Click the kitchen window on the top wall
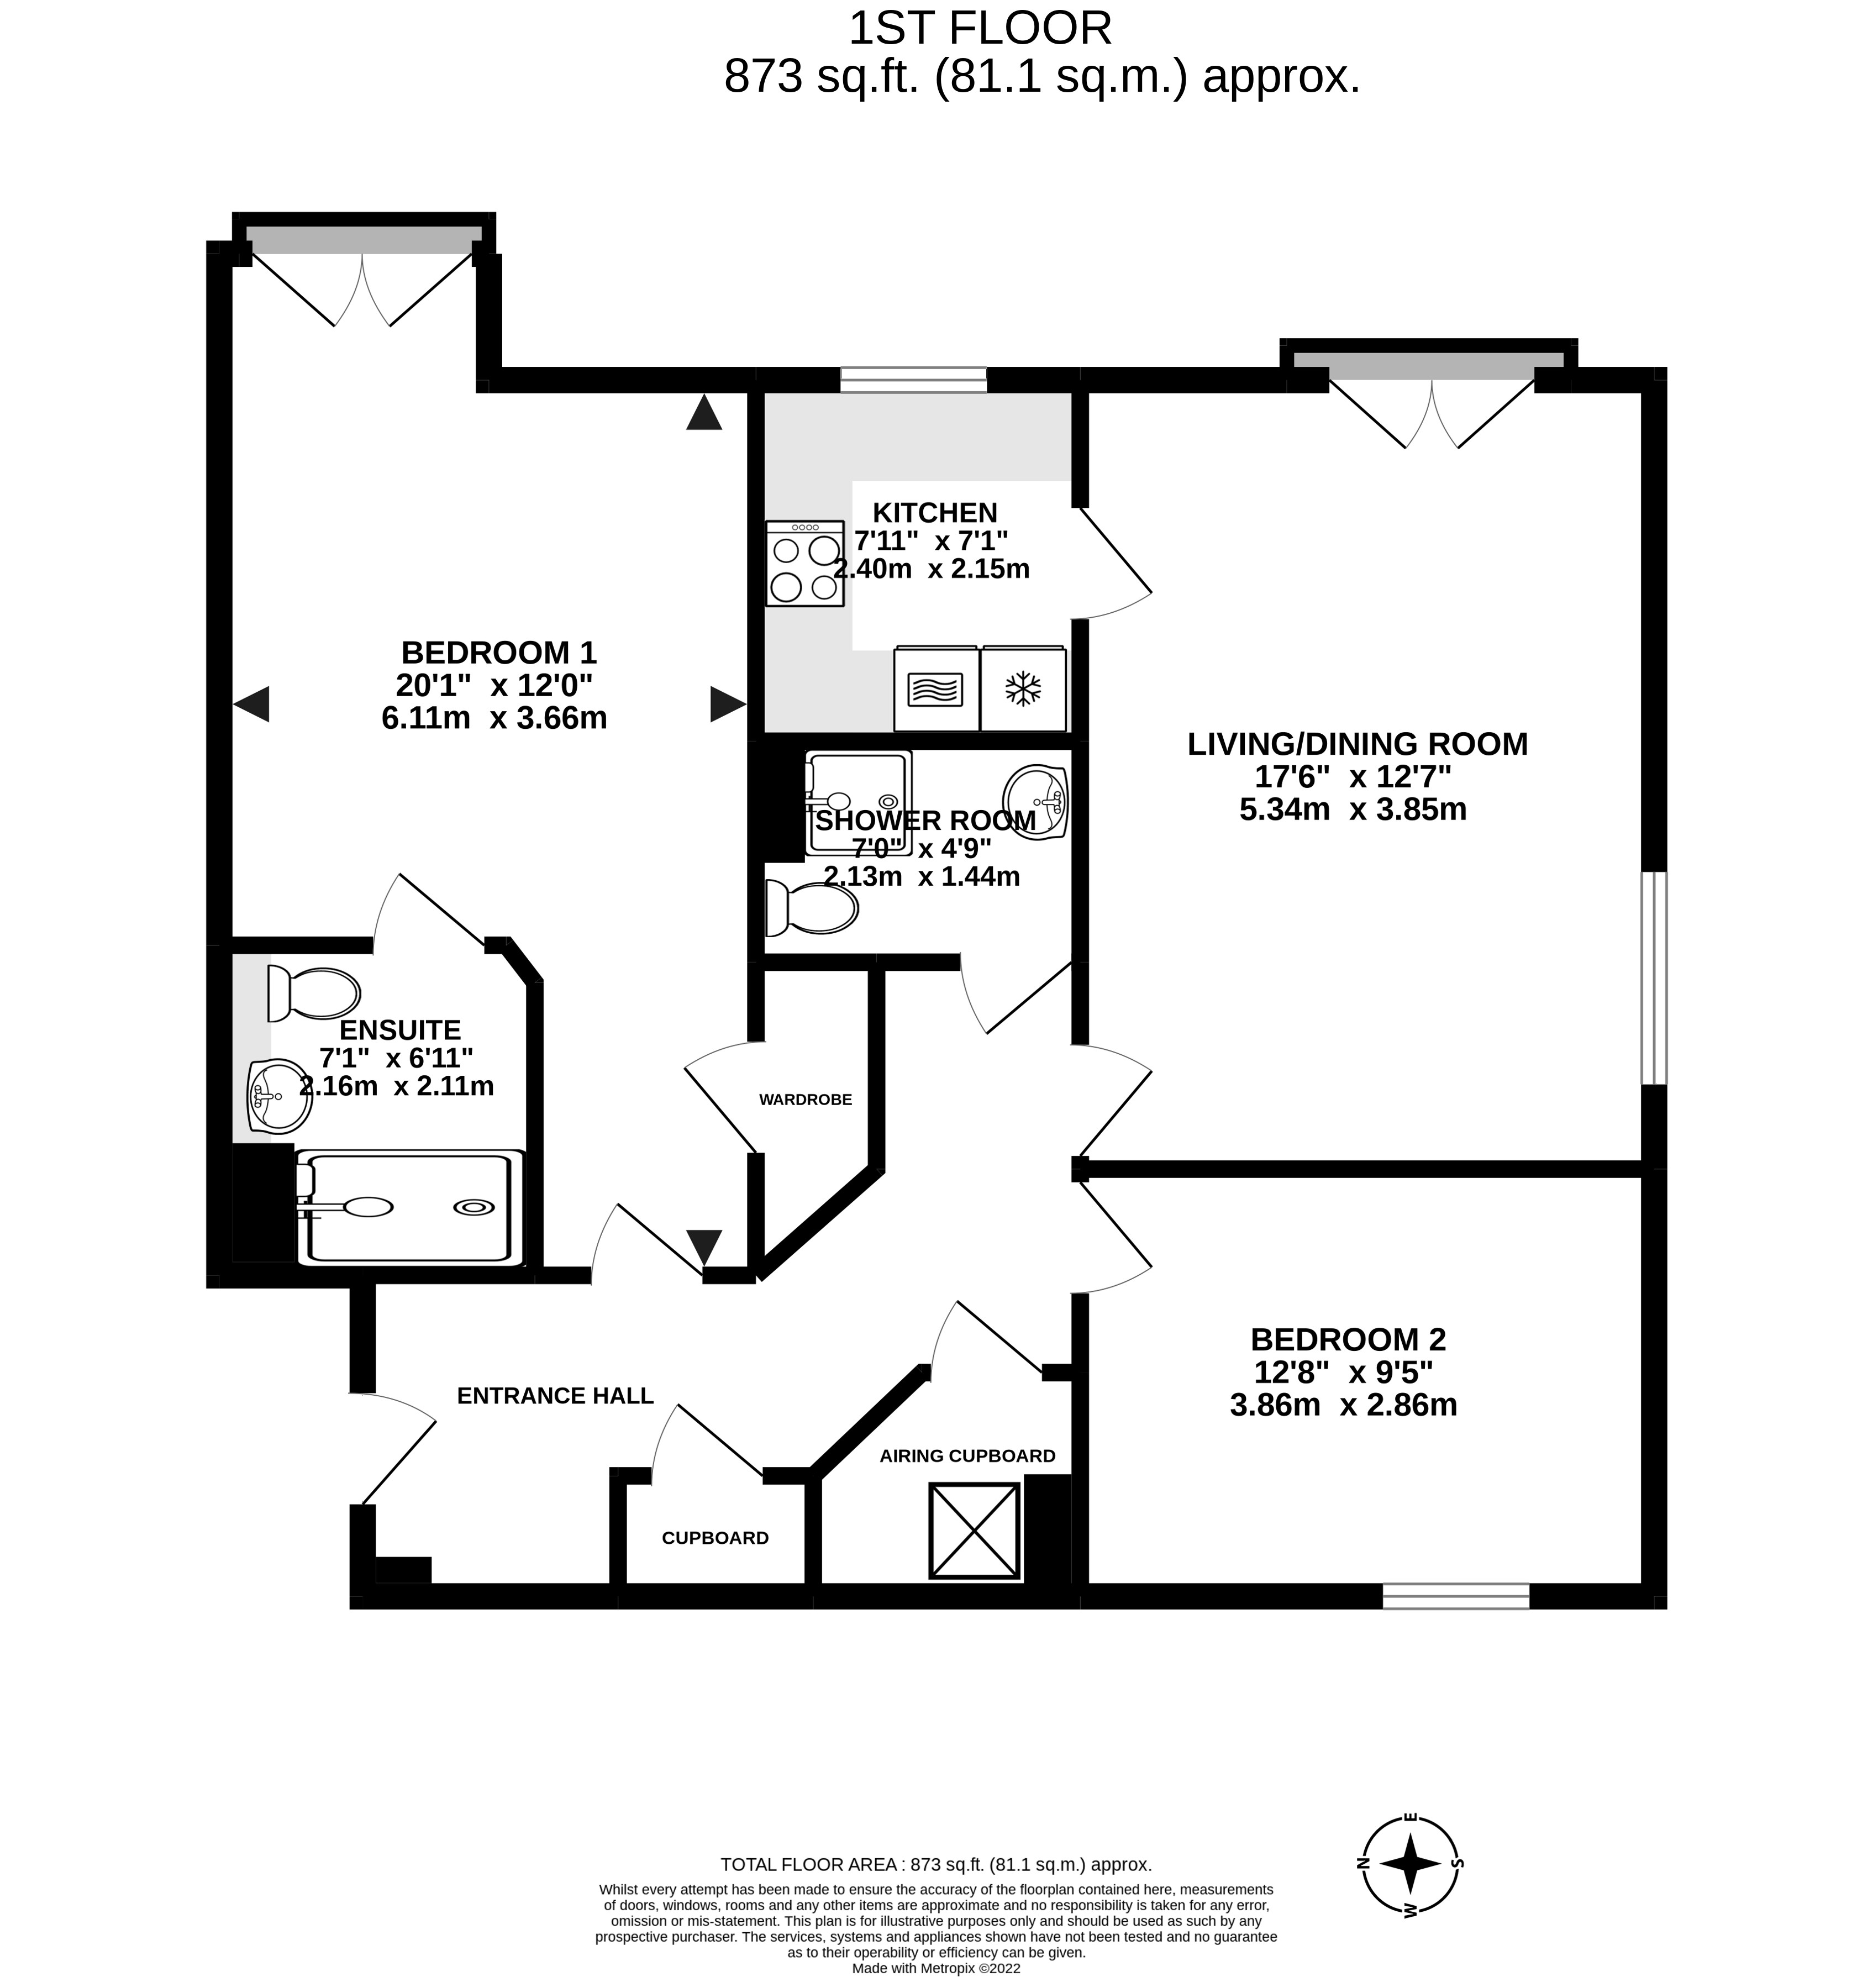click(913, 380)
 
